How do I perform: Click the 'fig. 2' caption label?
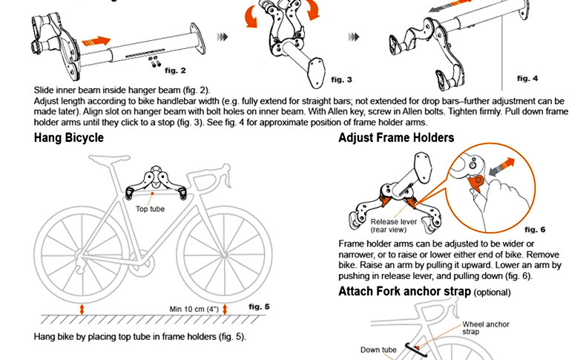coord(175,71)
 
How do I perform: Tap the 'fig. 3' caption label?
coord(341,79)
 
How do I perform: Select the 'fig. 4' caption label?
coord(527,78)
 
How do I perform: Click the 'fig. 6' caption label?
coord(534,229)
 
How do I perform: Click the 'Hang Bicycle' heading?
coord(69,138)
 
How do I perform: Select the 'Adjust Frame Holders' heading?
coord(396,138)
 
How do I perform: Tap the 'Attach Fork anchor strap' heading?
coord(404,291)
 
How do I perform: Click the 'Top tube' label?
coord(151,209)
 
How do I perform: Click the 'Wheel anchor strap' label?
coord(487,328)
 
